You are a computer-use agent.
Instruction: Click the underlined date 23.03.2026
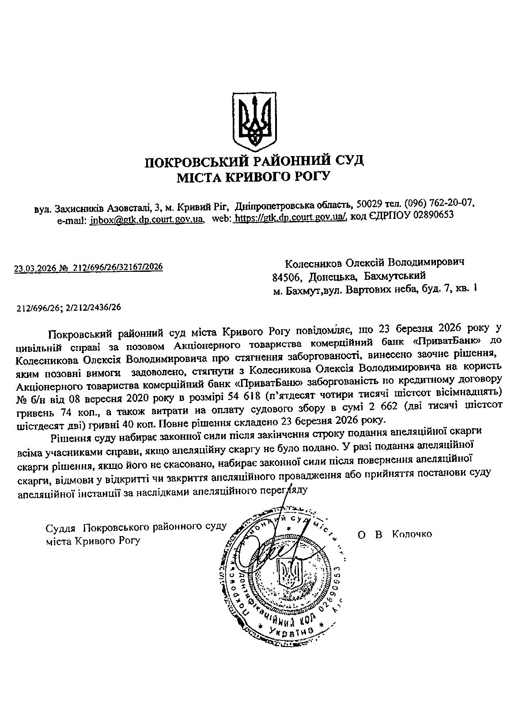click(x=33, y=268)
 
